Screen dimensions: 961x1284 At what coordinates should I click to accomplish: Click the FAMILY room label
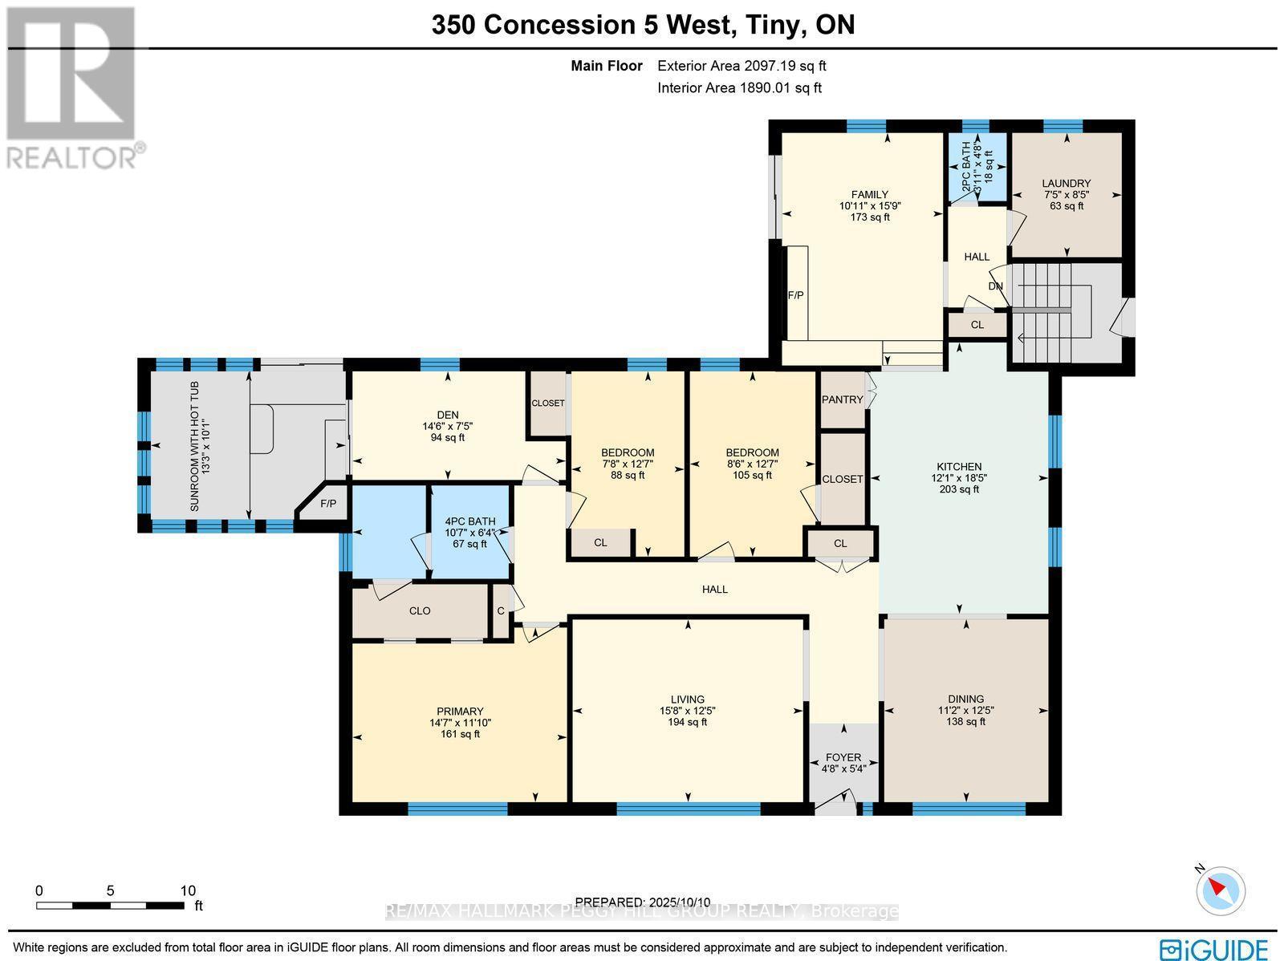(870, 195)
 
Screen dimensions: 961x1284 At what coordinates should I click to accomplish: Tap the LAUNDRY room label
(1067, 184)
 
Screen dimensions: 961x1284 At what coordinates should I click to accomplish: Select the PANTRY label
(843, 399)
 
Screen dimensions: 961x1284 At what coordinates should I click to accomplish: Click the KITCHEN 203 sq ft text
(959, 489)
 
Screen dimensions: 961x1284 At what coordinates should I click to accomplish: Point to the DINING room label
(965, 699)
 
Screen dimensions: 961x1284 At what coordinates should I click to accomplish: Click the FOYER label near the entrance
(843, 757)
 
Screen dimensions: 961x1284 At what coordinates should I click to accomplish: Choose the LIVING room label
(688, 699)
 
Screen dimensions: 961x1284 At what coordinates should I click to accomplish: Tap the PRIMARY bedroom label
(460, 711)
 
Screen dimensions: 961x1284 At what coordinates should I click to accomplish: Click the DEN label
(448, 415)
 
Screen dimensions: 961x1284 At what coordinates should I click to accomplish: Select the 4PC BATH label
(470, 521)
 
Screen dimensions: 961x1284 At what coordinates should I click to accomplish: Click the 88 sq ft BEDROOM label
(628, 452)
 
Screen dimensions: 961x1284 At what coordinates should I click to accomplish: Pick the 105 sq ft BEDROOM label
(752, 452)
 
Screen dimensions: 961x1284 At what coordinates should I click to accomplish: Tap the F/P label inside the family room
(795, 295)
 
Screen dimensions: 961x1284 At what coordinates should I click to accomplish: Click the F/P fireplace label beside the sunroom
(328, 504)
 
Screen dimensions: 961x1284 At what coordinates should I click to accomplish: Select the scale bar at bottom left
(110, 905)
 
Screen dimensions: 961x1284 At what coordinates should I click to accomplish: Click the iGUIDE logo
(1213, 949)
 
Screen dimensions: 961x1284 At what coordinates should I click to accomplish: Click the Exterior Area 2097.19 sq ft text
(742, 67)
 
